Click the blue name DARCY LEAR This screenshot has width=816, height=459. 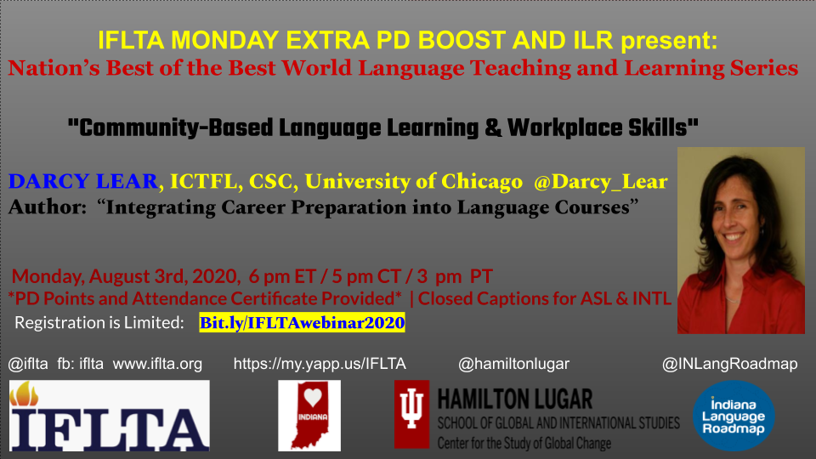(83, 181)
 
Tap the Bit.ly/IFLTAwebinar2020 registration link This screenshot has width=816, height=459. (302, 323)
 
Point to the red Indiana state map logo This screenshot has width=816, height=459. (309, 416)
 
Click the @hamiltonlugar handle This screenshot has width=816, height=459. (514, 365)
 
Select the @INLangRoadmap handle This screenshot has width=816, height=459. (730, 365)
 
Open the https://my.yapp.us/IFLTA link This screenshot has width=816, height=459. (320, 365)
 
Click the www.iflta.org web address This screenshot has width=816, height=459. (157, 365)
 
